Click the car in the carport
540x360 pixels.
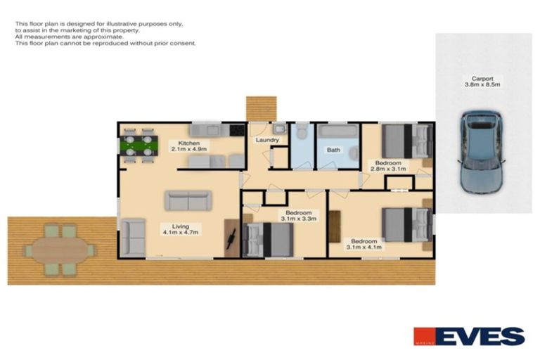point(482,150)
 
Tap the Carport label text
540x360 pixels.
point(482,78)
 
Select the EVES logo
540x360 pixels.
point(469,336)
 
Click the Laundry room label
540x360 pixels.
point(268,140)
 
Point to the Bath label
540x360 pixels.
point(333,149)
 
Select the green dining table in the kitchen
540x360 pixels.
point(139,146)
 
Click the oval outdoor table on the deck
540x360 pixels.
point(60,249)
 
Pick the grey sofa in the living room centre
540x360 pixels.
point(188,200)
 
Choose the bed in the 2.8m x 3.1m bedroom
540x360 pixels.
point(406,141)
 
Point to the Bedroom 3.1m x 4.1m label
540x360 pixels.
point(364,243)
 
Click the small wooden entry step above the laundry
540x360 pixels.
point(261,108)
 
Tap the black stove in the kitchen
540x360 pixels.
point(236,130)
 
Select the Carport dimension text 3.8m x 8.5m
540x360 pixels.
point(482,84)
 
